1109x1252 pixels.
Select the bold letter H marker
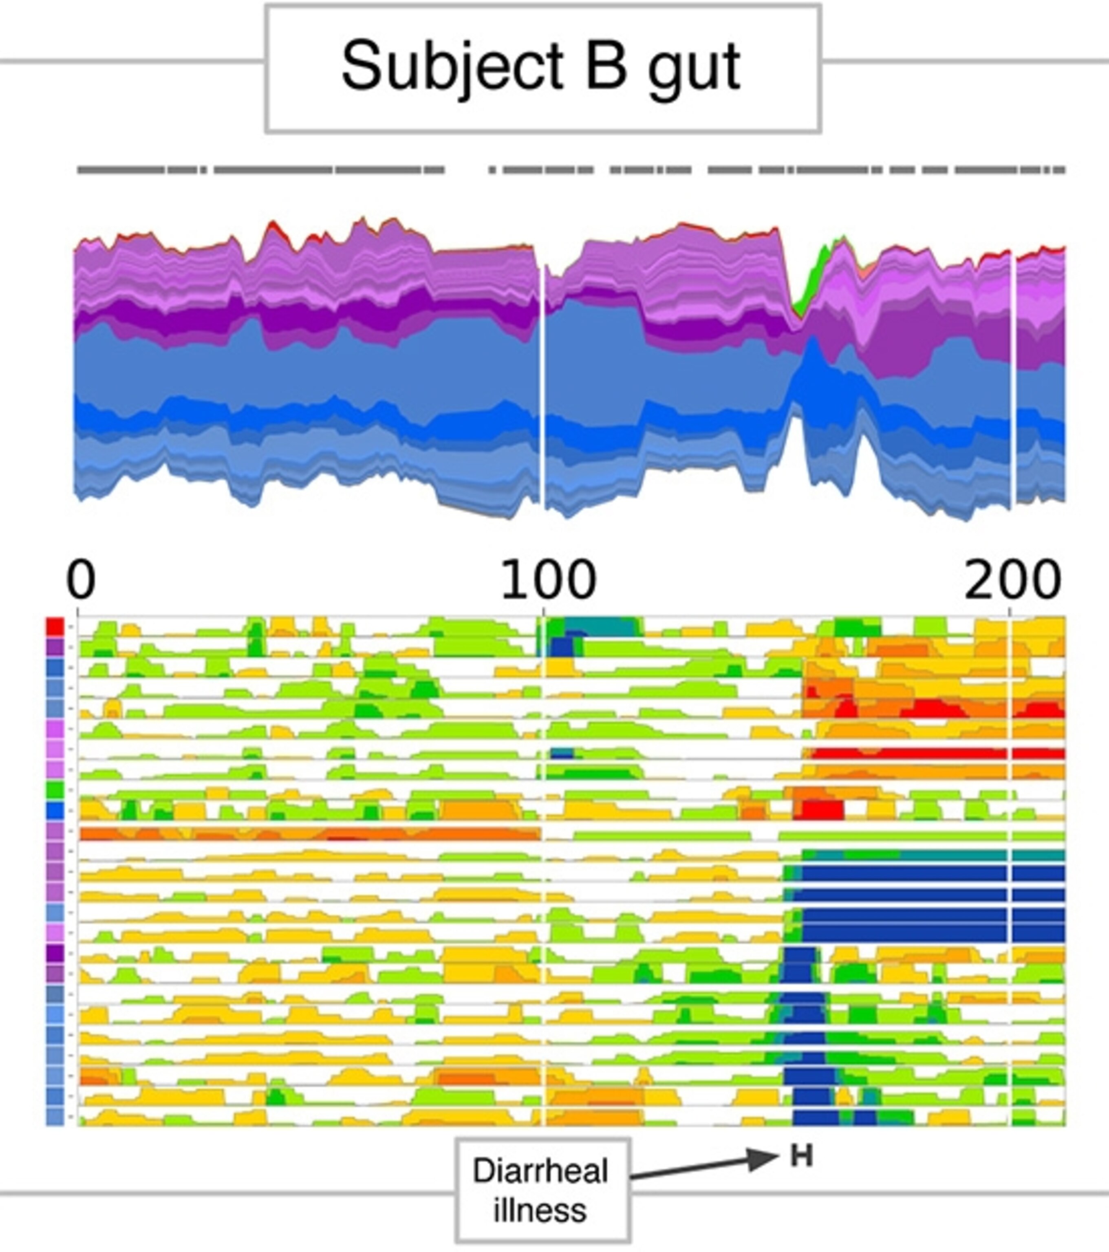point(801,1156)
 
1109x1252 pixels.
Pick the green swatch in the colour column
point(55,790)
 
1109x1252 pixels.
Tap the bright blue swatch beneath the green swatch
point(55,811)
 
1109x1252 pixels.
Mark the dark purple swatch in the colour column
point(55,954)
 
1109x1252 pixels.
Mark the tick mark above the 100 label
point(543,611)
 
